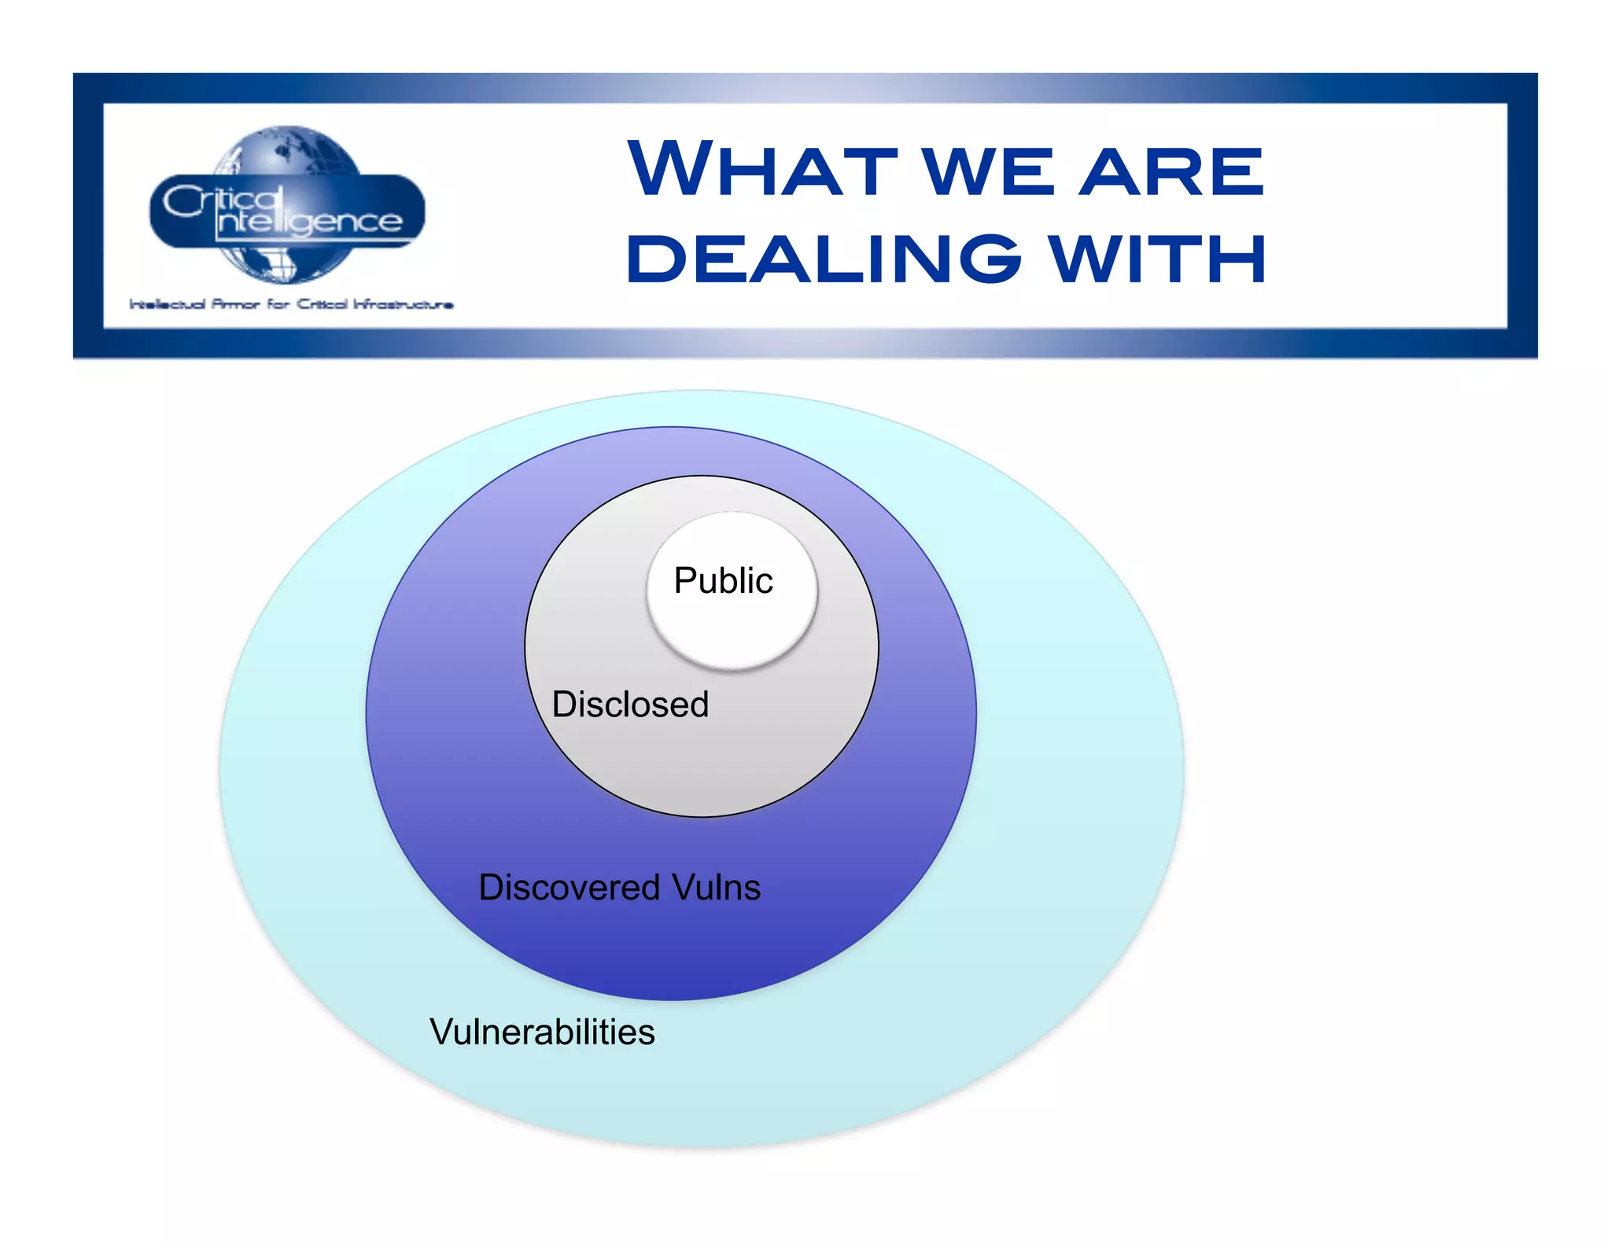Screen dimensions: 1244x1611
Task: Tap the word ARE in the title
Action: pyautogui.click(x=1172, y=171)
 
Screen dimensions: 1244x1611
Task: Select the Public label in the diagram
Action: pyautogui.click(x=723, y=580)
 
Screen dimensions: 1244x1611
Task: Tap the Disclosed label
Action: pyautogui.click(x=630, y=704)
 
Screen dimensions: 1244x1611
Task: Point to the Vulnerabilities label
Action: pyautogui.click(x=542, y=1032)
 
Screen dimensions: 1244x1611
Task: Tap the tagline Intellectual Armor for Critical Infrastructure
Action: pyautogui.click(x=291, y=304)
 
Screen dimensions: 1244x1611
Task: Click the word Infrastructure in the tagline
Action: pyautogui.click(x=403, y=304)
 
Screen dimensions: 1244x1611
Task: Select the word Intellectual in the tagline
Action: pyautogui.click(x=168, y=304)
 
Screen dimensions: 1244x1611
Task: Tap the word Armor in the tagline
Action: pyautogui.click(x=235, y=304)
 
